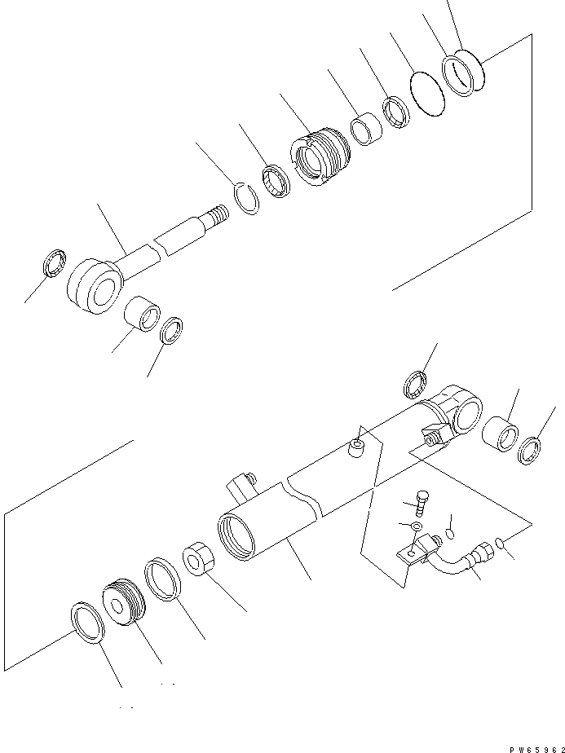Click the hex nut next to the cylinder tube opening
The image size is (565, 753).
199,559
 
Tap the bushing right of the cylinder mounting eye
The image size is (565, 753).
500,433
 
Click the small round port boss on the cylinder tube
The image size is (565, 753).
355,447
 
